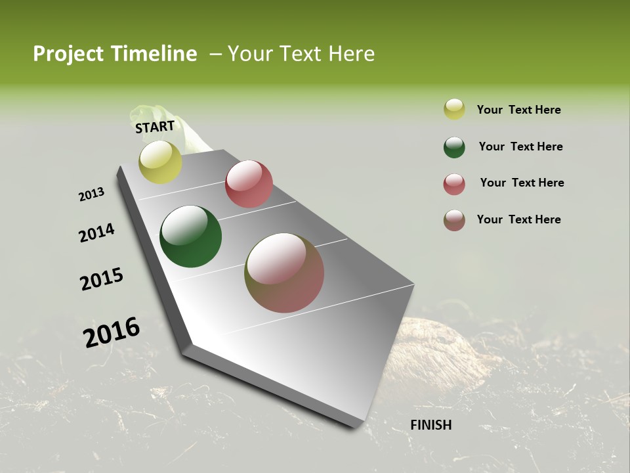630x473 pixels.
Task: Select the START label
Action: (155, 126)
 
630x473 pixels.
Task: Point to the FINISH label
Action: (430, 425)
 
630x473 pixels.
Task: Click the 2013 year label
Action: (91, 194)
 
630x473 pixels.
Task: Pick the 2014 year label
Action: (96, 233)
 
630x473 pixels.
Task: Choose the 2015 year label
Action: (102, 279)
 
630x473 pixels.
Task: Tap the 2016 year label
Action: (112, 333)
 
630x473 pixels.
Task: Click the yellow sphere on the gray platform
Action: (161, 162)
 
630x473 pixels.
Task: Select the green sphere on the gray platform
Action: (190, 236)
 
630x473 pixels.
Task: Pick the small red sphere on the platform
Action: (249, 184)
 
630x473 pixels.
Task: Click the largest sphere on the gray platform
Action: (284, 273)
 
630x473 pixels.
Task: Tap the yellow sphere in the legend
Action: (454, 109)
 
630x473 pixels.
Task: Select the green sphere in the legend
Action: (454, 147)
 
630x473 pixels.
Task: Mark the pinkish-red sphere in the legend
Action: (454, 184)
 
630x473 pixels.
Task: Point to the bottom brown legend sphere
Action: (454, 220)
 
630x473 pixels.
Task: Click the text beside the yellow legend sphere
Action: (518, 110)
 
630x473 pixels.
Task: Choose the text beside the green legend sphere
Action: (520, 146)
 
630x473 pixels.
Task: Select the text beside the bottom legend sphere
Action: (518, 219)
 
